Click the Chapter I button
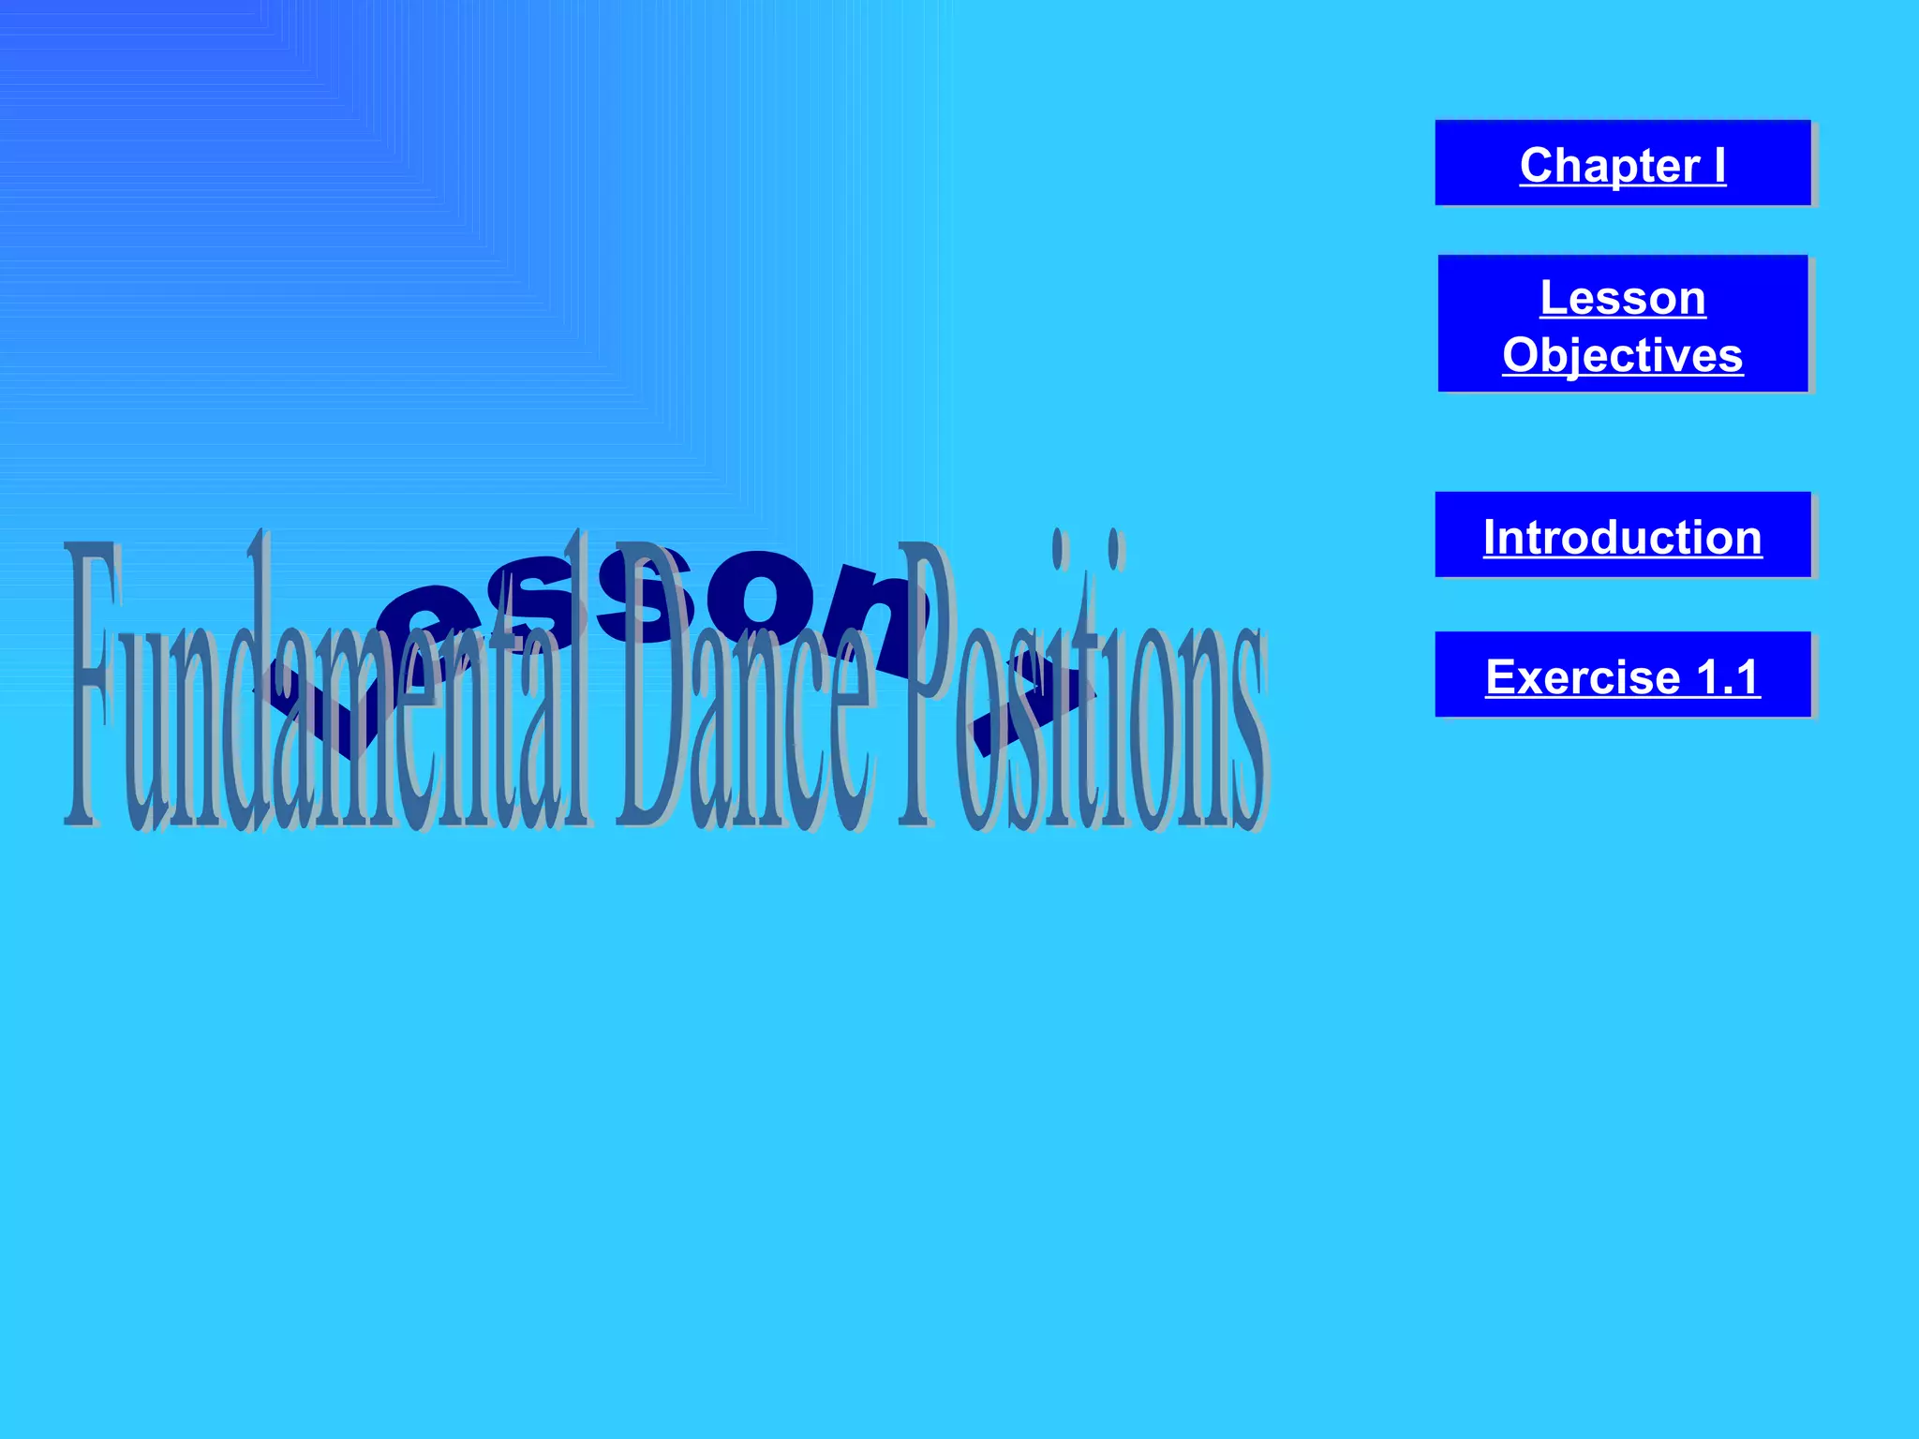point(1622,163)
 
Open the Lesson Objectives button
point(1622,323)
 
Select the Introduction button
point(1622,535)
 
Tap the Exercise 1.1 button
point(1622,675)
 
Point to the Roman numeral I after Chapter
point(1719,165)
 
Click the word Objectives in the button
point(1622,355)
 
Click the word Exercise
point(1583,676)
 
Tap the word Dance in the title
point(745,693)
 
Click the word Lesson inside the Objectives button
point(1622,298)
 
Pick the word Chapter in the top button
point(1609,165)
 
